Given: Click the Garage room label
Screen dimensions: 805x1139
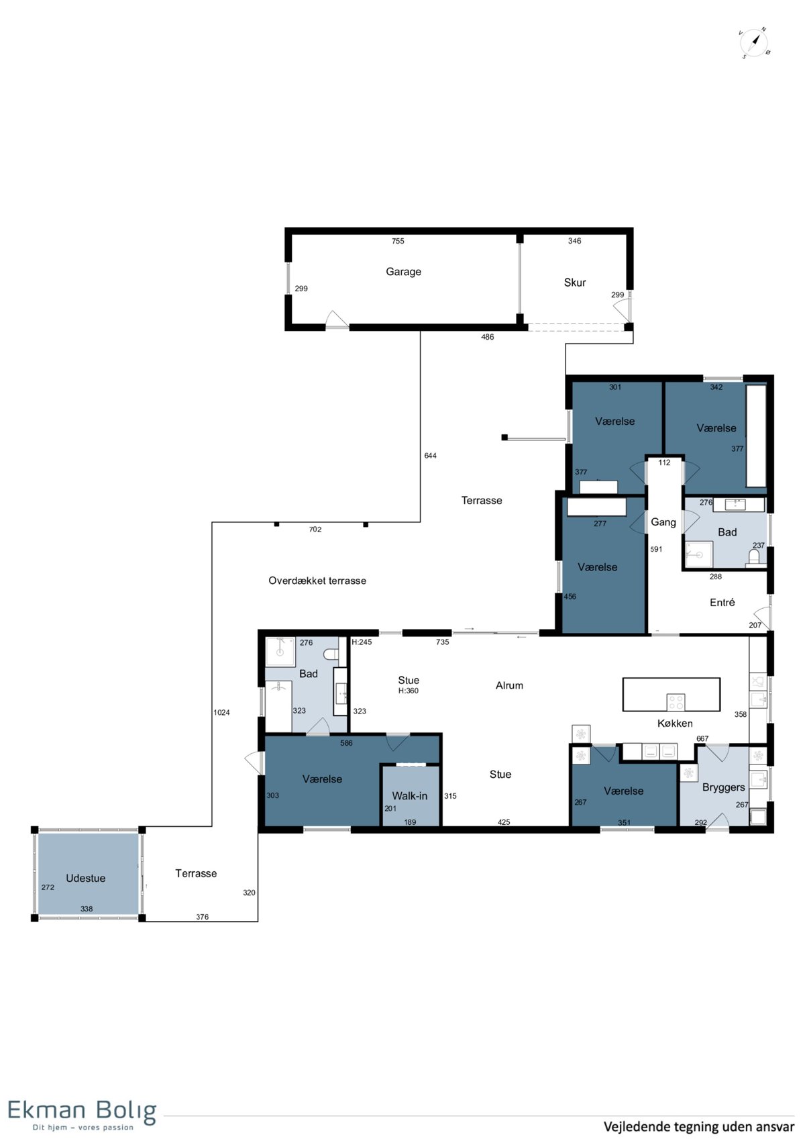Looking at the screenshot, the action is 403,272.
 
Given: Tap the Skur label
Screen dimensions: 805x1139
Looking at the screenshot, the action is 575,282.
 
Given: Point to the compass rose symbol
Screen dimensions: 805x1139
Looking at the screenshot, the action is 755,43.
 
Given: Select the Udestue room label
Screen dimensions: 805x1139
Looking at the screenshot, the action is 85,878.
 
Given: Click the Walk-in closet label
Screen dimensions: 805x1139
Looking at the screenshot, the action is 410,796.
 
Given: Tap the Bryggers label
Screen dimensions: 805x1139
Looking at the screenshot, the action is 723,788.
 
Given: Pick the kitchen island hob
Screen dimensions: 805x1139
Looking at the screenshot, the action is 676,702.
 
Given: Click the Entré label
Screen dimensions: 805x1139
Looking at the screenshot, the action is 722,602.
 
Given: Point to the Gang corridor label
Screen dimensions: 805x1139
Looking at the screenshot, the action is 663,522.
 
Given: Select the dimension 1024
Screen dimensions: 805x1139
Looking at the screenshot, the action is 221,712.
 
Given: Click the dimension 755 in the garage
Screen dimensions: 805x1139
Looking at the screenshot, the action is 398,241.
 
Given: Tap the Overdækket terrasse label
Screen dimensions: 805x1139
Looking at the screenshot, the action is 317,581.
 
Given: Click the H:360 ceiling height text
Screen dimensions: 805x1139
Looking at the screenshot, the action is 409,691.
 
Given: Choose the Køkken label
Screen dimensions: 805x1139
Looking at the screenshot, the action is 675,723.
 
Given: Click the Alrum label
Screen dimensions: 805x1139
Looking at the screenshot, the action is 509,685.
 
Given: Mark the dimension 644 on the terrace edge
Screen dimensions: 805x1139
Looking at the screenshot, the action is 430,456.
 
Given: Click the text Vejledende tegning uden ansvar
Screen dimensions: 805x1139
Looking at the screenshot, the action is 699,1126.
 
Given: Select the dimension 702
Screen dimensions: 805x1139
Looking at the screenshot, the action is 315,530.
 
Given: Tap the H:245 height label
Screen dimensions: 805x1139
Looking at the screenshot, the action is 362,642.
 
